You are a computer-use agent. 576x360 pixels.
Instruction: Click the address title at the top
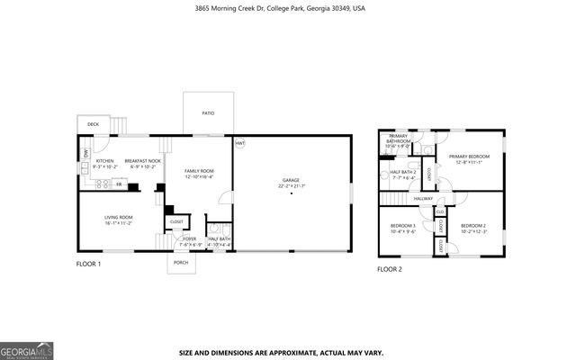click(x=288, y=7)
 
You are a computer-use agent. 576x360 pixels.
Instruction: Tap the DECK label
click(x=93, y=123)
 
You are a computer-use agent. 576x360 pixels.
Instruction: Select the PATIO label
click(x=208, y=113)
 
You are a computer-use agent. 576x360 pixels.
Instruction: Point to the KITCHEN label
click(x=105, y=161)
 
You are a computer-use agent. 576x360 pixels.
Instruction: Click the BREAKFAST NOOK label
click(x=144, y=161)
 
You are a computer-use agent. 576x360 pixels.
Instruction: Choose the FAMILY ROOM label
click(x=199, y=171)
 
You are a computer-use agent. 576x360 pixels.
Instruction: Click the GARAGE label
click(x=291, y=181)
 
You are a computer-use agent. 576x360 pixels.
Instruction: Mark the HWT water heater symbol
click(x=240, y=144)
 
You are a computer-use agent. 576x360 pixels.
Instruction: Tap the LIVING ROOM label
click(x=119, y=217)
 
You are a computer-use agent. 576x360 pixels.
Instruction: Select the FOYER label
click(x=190, y=238)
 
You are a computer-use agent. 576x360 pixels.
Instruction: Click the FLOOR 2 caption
click(x=389, y=269)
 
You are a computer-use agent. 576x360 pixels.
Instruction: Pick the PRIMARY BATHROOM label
click(x=398, y=139)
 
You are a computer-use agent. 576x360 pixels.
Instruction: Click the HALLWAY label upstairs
click(x=424, y=198)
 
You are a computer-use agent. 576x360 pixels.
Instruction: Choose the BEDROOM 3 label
click(x=402, y=225)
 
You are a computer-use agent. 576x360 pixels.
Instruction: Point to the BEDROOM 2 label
click(x=472, y=225)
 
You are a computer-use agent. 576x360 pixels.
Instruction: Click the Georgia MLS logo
click(x=24, y=350)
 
